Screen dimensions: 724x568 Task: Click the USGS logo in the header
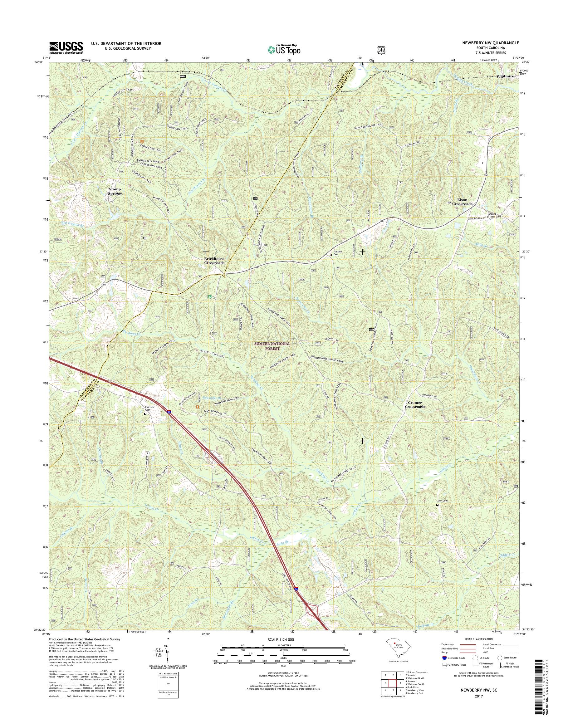[x=66, y=47]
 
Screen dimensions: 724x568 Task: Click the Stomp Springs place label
[x=115, y=191]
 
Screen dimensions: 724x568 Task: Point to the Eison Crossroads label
[x=462, y=202]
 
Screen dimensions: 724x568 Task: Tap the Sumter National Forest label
[x=272, y=346]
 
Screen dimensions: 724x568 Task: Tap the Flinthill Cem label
[x=338, y=252]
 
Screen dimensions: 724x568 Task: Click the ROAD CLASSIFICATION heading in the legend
[x=478, y=639]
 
